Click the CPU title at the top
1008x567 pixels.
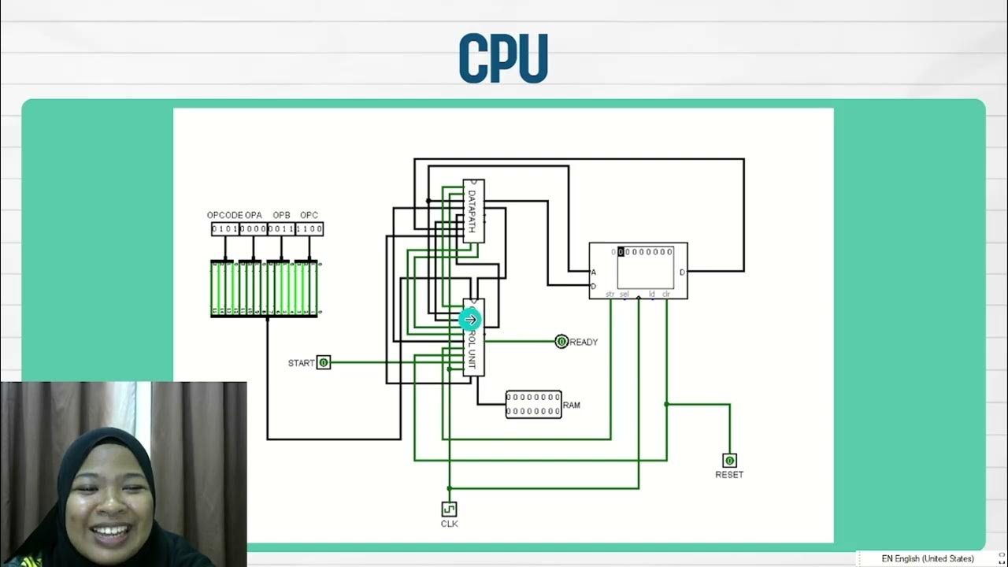503,58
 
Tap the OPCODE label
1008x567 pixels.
224,215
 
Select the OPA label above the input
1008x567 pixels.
254,215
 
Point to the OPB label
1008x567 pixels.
281,215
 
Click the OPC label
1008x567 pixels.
309,215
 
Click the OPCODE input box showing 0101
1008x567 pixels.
225,229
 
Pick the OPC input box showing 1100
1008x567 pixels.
309,229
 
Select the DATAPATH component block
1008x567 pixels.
473,211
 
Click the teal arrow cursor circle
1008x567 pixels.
470,320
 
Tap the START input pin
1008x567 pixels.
324,363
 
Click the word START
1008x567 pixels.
301,363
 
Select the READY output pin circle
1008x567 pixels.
561,342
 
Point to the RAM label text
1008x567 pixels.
572,406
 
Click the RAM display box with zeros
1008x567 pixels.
533,405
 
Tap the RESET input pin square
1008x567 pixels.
729,461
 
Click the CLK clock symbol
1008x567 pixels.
449,510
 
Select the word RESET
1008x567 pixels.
729,475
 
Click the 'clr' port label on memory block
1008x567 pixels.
665,295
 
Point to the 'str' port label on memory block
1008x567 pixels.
610,295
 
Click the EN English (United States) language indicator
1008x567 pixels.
927,558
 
